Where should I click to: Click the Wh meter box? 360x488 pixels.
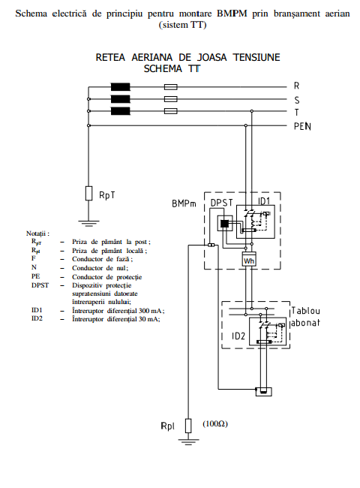click(x=249, y=259)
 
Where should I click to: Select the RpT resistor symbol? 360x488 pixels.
click(x=88, y=193)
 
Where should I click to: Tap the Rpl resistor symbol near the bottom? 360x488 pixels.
click(x=188, y=426)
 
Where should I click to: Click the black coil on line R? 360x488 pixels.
click(x=120, y=87)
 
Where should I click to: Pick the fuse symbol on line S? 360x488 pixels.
click(x=171, y=99)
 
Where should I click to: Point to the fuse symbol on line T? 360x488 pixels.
click(x=171, y=111)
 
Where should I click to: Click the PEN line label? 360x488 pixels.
click(x=302, y=126)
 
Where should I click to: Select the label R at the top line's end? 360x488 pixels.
click(x=296, y=86)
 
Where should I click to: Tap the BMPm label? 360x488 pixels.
click(x=184, y=203)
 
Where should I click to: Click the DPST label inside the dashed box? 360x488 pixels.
click(x=222, y=203)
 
